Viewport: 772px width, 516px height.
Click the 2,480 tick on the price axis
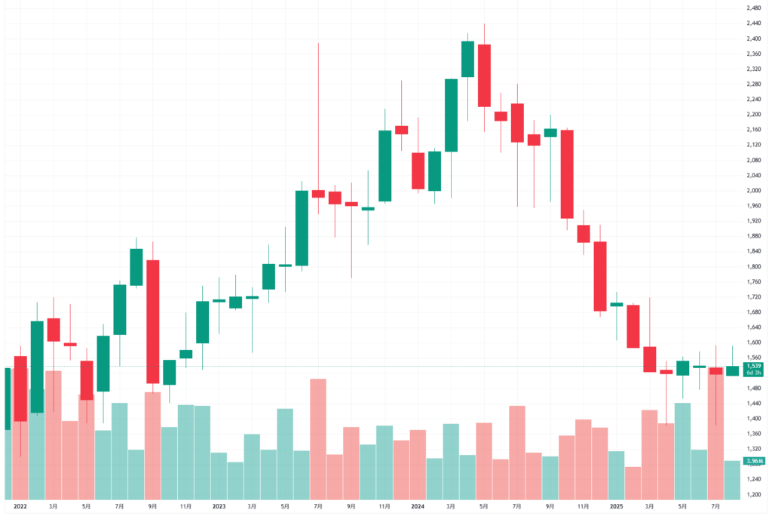click(x=752, y=8)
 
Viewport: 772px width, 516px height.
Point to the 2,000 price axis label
click(x=752, y=190)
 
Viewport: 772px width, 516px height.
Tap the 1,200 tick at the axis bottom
click(x=752, y=494)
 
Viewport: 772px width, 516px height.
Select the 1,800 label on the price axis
click(x=752, y=266)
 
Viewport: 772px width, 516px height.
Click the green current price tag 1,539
click(x=752, y=366)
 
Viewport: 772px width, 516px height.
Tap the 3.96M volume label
click(x=752, y=461)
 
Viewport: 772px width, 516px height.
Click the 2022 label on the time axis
click(x=20, y=507)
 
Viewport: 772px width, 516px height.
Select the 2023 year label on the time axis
click(x=219, y=507)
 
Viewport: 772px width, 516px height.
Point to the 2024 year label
click(x=418, y=507)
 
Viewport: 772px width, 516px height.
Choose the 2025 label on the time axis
click(x=617, y=507)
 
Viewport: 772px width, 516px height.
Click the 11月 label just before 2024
click(x=384, y=507)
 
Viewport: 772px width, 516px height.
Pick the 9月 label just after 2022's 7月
click(x=153, y=507)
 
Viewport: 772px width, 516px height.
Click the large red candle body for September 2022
click(x=153, y=321)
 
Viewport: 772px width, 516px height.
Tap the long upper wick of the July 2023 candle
click(x=318, y=113)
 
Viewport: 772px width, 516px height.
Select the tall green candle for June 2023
click(x=302, y=228)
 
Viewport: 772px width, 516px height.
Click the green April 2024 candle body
click(x=467, y=59)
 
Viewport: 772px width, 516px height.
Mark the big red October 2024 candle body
click(x=567, y=174)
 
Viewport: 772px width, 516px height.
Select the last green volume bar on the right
click(x=732, y=480)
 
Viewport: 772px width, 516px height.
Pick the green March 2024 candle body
click(x=451, y=115)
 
